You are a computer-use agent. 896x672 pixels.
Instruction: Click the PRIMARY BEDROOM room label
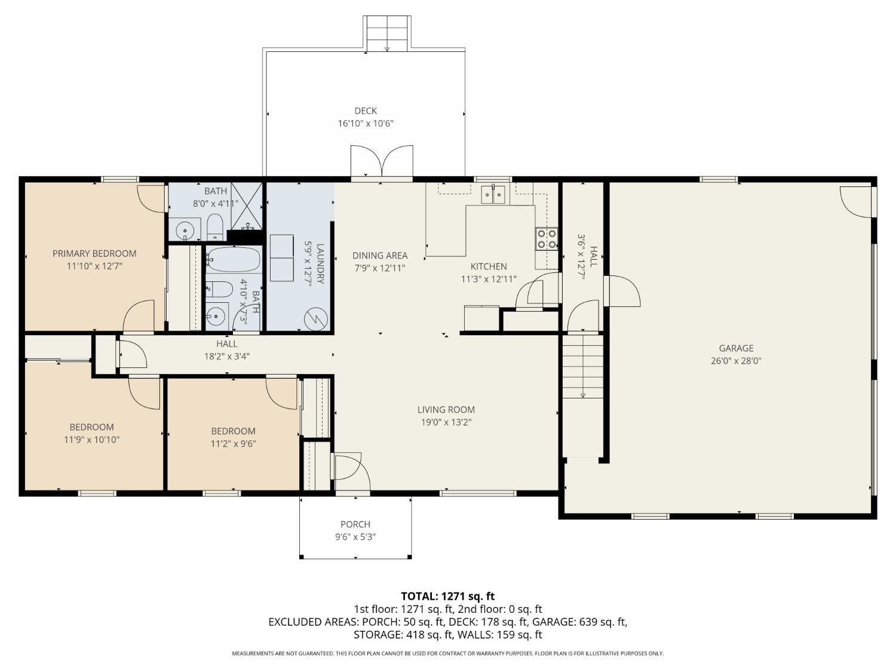(94, 253)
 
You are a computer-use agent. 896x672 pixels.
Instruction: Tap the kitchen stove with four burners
(547, 239)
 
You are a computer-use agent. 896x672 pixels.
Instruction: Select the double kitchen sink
(493, 194)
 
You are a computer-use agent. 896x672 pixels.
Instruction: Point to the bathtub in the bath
(234, 259)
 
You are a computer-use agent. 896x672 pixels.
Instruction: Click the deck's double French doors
(382, 161)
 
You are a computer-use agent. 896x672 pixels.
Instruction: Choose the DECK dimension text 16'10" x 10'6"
(366, 123)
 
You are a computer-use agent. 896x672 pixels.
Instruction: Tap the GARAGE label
(736, 348)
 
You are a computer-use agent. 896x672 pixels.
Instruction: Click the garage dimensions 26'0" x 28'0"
(736, 361)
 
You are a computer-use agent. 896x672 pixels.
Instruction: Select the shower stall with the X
(247, 207)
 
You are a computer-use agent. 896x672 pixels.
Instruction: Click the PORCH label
(355, 524)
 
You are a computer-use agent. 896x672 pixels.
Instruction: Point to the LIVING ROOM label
(446, 409)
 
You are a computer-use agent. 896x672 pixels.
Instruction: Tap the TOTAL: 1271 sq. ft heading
(448, 596)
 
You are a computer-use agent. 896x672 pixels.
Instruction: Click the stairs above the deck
(387, 34)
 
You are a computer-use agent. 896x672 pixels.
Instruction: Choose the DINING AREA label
(380, 256)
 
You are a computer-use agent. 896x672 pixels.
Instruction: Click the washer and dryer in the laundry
(282, 257)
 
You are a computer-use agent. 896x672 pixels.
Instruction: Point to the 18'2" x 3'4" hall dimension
(226, 357)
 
